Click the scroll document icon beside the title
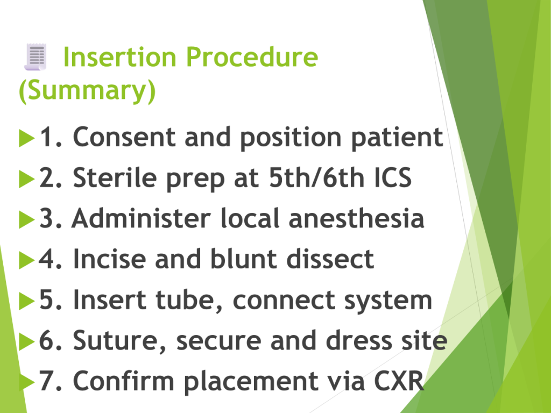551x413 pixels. tap(35, 57)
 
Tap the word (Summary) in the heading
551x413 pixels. tap(87, 90)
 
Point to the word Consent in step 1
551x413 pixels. tap(124, 137)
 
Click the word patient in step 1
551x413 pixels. tap(397, 138)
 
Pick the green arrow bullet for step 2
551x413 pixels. tap(27, 179)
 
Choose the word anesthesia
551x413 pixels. tap(356, 218)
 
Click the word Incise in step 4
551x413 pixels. tap(109, 259)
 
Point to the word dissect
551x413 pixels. tap(330, 259)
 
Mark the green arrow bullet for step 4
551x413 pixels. tap(27, 260)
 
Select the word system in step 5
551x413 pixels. tap(388, 301)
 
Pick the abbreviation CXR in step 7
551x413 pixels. tap(399, 381)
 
